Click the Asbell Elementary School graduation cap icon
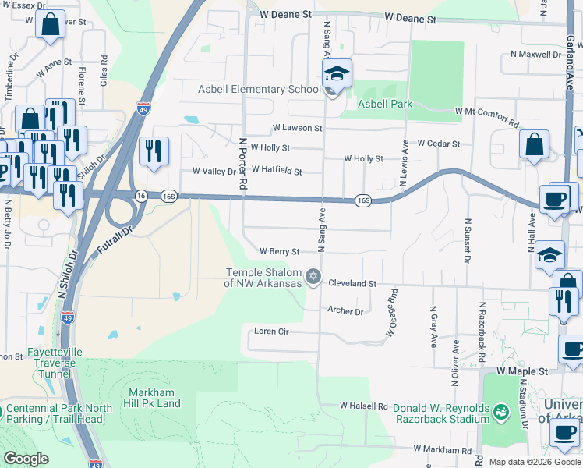(x=337, y=74)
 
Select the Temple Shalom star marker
(x=313, y=276)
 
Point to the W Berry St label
(x=279, y=252)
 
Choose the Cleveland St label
(x=352, y=284)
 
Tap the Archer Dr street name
(x=345, y=311)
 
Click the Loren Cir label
(x=272, y=331)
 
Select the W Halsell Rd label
(x=363, y=406)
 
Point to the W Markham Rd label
(x=443, y=450)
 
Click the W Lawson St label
(x=297, y=128)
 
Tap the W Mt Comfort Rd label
(x=487, y=117)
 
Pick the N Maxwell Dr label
(x=535, y=55)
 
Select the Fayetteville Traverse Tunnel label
(x=53, y=357)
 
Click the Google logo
(x=26, y=459)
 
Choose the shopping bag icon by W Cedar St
(x=535, y=144)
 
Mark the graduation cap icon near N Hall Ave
(x=549, y=255)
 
